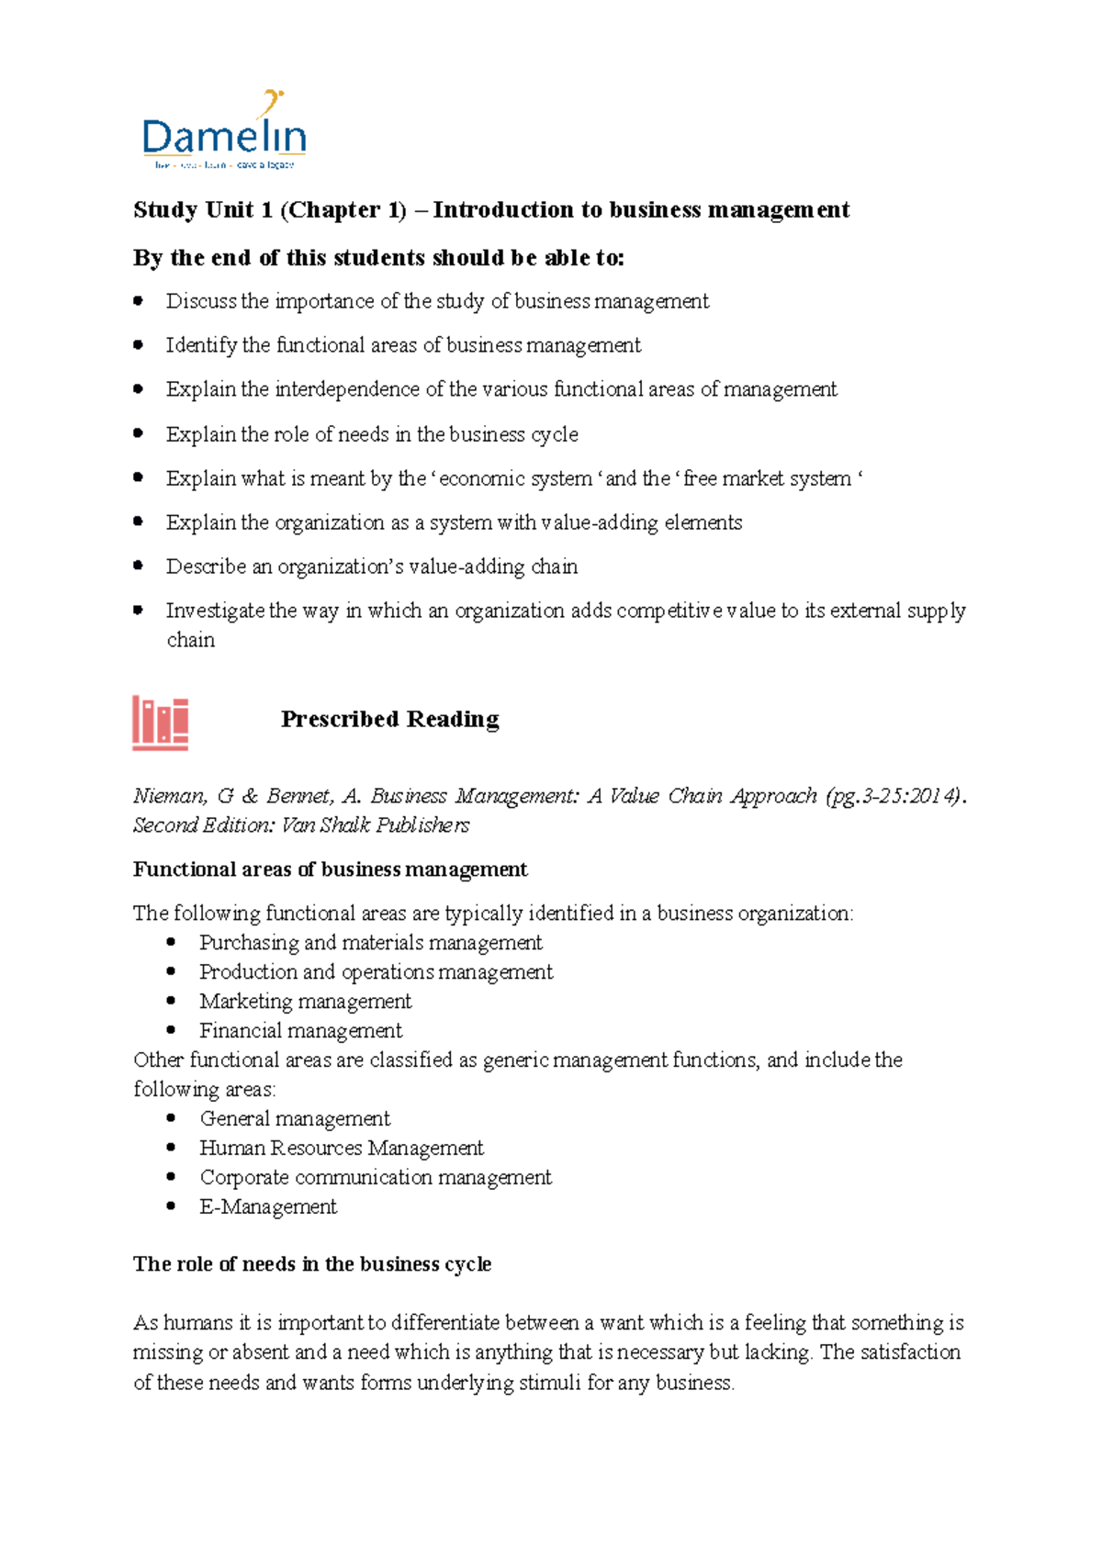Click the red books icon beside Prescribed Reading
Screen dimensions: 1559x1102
tap(161, 723)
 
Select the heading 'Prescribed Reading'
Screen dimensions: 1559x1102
tap(389, 719)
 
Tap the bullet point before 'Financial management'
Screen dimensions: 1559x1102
tap(171, 1030)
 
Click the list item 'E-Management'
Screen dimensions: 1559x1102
tap(268, 1206)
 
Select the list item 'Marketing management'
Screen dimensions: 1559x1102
tap(305, 1001)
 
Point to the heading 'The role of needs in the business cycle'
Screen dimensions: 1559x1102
tap(312, 1264)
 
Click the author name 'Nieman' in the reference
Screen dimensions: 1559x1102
tap(169, 796)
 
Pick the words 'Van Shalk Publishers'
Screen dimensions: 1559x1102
tap(376, 825)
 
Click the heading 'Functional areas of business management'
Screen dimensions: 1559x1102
tap(330, 869)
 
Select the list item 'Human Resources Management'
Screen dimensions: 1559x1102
tap(341, 1148)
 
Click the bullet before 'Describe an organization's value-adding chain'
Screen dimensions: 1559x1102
tap(139, 566)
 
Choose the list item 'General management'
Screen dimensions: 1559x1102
tap(295, 1118)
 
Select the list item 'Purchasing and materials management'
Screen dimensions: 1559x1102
tap(370, 942)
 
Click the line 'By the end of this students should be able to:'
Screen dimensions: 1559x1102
tap(378, 258)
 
